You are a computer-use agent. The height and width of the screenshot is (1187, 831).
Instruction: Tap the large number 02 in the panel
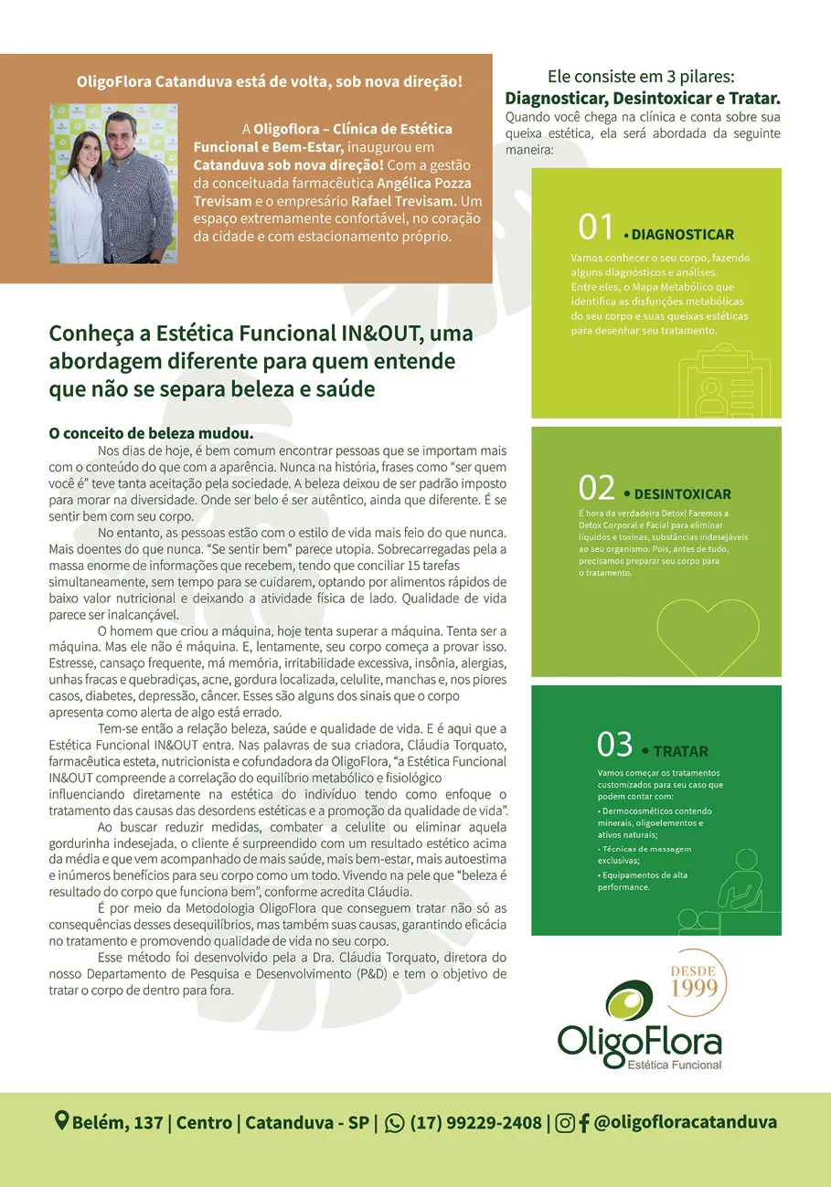[596, 489]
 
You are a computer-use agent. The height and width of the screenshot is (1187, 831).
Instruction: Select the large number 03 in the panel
[614, 745]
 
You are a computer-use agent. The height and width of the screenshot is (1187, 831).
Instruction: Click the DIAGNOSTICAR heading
[682, 235]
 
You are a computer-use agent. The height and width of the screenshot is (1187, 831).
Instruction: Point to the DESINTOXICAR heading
[682, 494]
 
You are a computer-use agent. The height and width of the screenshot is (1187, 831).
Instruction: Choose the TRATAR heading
[681, 751]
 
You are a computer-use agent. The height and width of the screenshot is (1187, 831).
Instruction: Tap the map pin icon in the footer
[62, 1121]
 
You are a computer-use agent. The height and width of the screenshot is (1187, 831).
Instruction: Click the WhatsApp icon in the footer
[395, 1123]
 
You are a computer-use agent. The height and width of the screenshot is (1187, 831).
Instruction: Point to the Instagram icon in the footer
[566, 1123]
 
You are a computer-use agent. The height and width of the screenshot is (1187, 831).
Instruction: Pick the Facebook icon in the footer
[584, 1123]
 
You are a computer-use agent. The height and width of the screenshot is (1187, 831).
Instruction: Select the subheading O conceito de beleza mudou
[151, 433]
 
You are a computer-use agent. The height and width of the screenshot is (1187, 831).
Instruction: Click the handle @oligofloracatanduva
[686, 1122]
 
